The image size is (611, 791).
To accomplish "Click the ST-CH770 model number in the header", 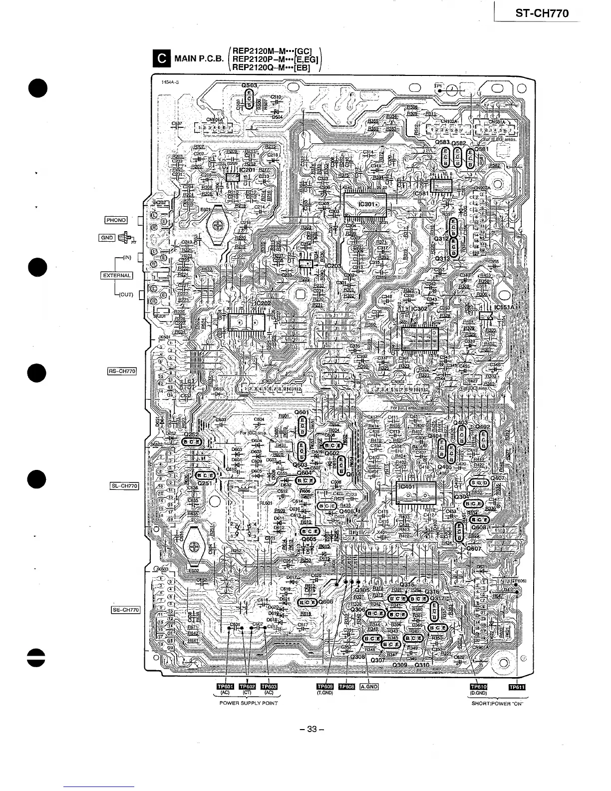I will pyautogui.click(x=542, y=13).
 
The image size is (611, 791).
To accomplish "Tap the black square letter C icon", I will pyautogui.click(x=162, y=59).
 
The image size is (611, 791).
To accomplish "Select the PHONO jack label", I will pyautogui.click(x=116, y=220).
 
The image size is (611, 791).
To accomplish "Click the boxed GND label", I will pyautogui.click(x=107, y=238).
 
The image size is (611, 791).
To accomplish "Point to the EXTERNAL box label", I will pyautogui.click(x=117, y=276).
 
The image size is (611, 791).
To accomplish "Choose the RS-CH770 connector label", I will pyautogui.click(x=122, y=371).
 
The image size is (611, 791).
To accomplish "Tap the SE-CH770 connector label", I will pyautogui.click(x=125, y=610).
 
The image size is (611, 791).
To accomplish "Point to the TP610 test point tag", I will pyautogui.click(x=478, y=686).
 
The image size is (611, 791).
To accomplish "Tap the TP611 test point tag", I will pyautogui.click(x=517, y=686).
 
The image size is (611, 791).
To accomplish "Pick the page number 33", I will pyautogui.click(x=312, y=729).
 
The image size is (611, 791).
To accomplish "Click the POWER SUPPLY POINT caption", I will pyautogui.click(x=249, y=703).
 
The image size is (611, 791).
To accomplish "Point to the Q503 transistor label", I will pyautogui.click(x=249, y=86).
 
